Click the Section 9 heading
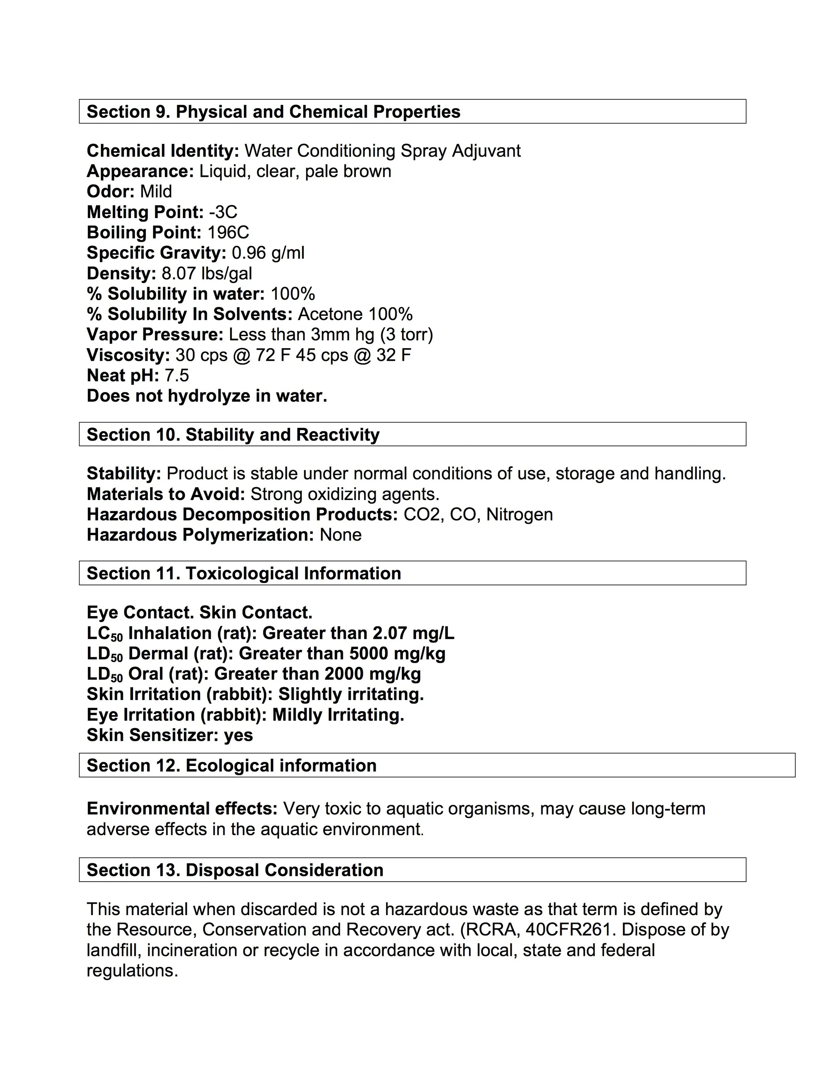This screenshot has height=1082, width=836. (x=274, y=112)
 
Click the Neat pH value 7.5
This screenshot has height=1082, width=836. (x=177, y=376)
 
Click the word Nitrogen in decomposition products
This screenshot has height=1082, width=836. (x=520, y=515)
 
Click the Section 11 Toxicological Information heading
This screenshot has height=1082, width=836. (x=244, y=574)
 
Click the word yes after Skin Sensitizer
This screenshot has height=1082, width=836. (x=238, y=735)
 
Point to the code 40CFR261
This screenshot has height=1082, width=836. (x=570, y=930)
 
